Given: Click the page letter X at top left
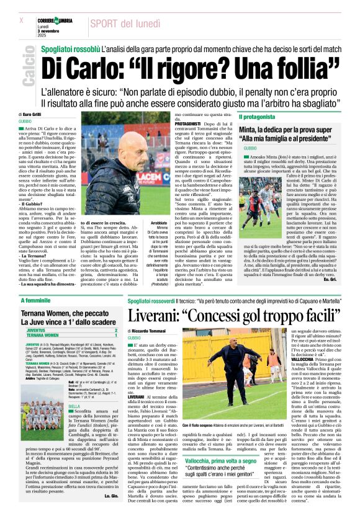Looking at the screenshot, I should pyautogui.click(x=22, y=20).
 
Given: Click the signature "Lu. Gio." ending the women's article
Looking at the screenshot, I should pyautogui.click(x=110, y=513).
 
